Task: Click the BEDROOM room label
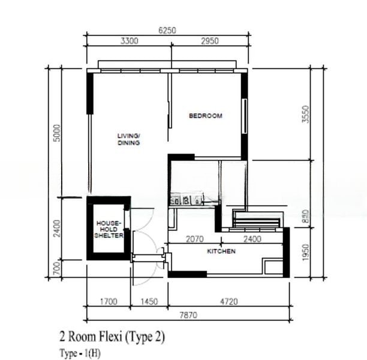coord(206,116)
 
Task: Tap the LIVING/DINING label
coord(129,139)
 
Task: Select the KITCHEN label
coord(221,251)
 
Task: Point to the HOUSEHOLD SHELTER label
coord(109,229)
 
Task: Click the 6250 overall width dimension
coord(167,31)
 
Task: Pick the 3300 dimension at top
coord(130,41)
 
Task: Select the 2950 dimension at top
coord(210,41)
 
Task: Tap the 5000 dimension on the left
coord(57,133)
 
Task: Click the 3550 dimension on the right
coord(305,115)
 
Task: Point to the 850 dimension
coord(306,217)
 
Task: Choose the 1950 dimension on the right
coord(306,252)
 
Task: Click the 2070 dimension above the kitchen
coord(195,239)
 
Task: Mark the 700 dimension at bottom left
coord(57,269)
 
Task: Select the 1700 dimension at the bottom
coord(109,301)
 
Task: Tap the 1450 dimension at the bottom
coord(149,301)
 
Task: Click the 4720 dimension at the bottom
coord(229,301)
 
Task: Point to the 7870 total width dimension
coord(188,315)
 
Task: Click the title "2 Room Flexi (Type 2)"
coord(112,337)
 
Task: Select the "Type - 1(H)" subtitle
coord(80,353)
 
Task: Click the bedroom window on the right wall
coord(244,116)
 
